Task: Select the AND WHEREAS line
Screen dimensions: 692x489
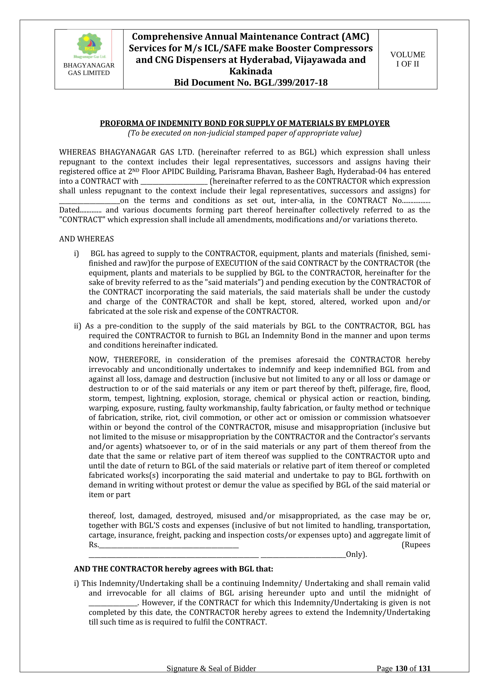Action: coord(86,239)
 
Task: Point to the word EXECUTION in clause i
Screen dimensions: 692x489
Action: coord(236,263)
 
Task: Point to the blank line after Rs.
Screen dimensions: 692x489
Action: coord(169,545)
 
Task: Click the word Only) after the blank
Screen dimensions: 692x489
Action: coord(356,555)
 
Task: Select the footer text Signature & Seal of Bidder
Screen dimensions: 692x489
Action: coord(211,677)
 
